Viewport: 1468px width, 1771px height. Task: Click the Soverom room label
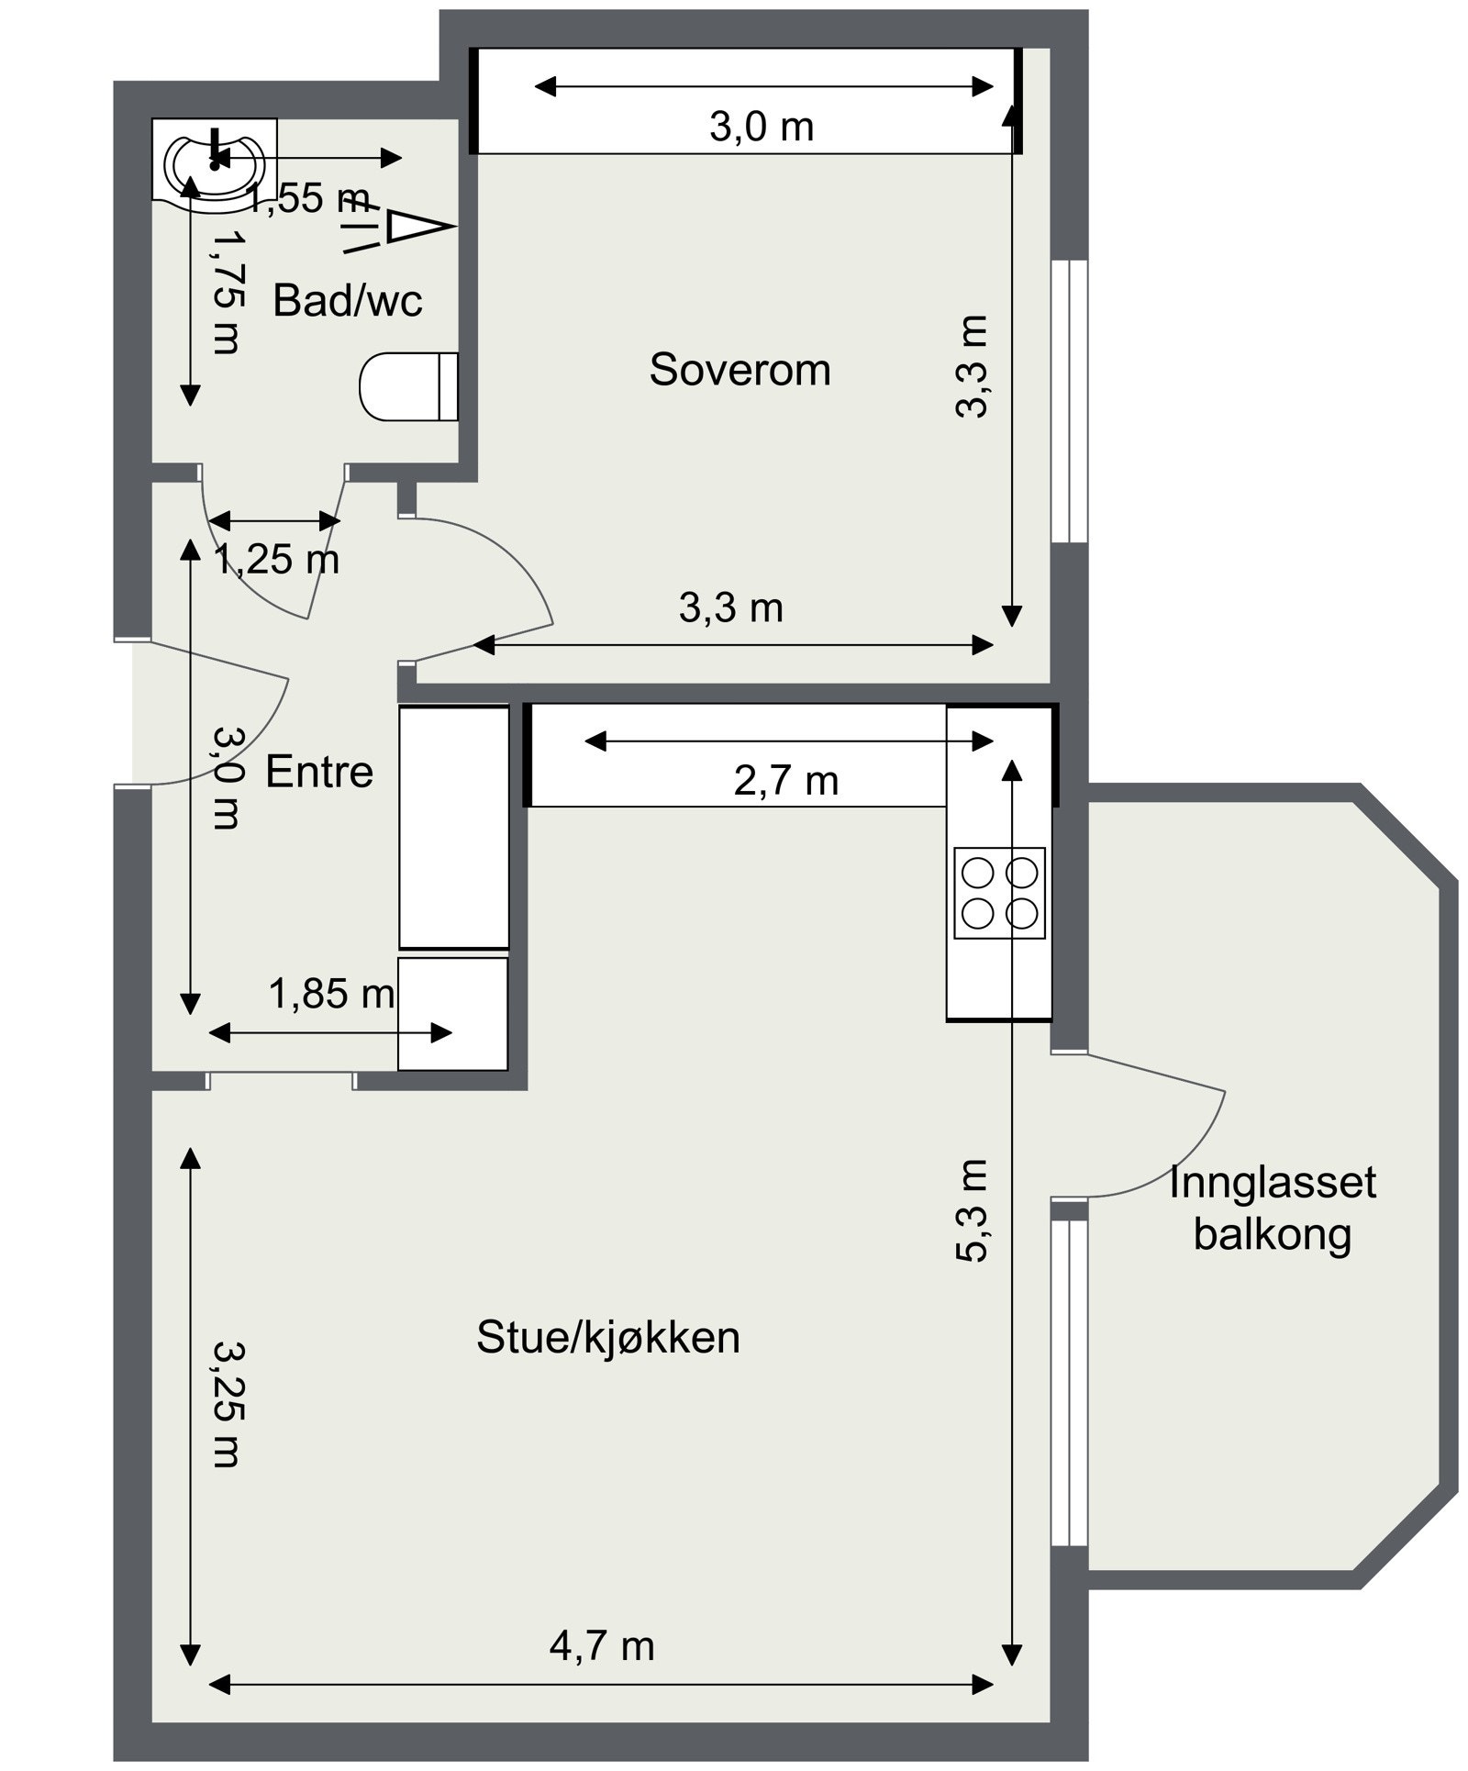click(x=740, y=370)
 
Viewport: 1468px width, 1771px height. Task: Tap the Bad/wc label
click(x=348, y=300)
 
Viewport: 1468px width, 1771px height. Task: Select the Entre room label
click(x=319, y=772)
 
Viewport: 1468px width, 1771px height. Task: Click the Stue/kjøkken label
click(x=607, y=1337)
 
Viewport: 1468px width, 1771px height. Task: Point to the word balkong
click(x=1272, y=1234)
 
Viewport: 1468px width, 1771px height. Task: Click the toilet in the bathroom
click(x=407, y=386)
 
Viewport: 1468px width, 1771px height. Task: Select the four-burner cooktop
click(x=999, y=892)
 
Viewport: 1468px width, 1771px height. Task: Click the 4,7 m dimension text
click(x=602, y=1645)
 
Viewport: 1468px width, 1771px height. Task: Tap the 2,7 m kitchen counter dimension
click(x=786, y=781)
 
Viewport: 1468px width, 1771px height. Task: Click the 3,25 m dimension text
click(x=227, y=1404)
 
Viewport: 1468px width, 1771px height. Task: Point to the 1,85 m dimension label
click(x=331, y=994)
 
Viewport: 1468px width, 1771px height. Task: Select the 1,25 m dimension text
click(x=276, y=559)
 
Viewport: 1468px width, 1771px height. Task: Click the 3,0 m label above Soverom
click(x=762, y=127)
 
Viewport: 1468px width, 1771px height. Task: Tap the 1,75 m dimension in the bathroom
click(x=227, y=291)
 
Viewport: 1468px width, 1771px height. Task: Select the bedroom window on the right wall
click(x=1069, y=401)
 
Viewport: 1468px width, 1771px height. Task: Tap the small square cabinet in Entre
click(x=452, y=1013)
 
